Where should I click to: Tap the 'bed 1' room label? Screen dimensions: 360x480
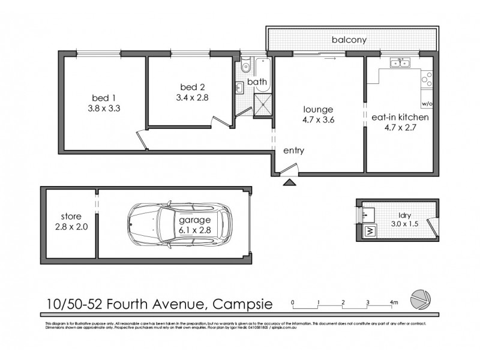coord(100,98)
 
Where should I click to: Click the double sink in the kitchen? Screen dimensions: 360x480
coord(398,62)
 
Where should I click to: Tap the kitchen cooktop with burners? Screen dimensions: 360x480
coord(427,77)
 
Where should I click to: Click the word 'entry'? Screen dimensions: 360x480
coord(293,151)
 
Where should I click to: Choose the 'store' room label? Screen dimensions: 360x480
coord(71,216)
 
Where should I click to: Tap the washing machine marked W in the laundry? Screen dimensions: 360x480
coord(369,230)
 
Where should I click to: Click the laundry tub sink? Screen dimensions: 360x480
coord(370,212)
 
